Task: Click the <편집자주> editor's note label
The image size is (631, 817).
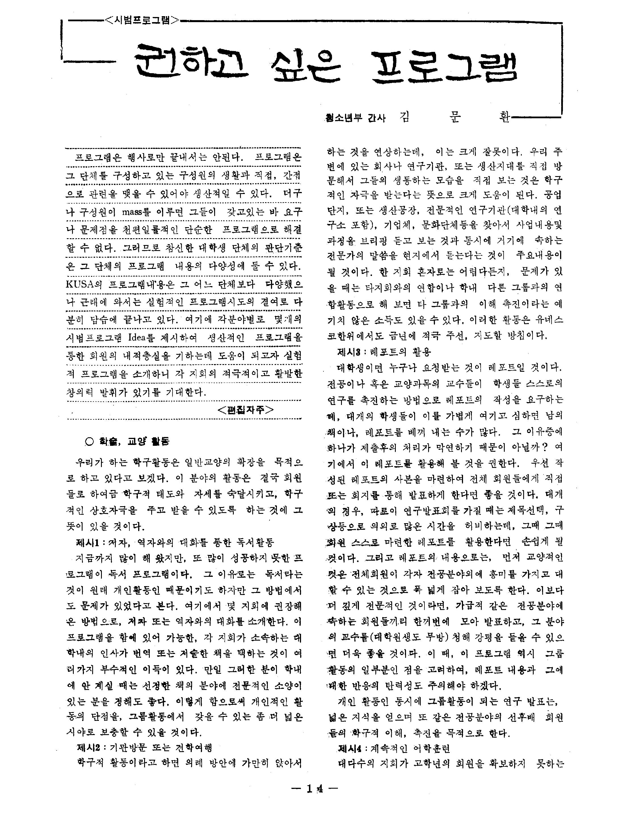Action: pos(245,409)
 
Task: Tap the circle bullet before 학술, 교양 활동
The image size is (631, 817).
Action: pos(89,442)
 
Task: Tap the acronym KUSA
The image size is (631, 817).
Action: pos(79,285)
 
